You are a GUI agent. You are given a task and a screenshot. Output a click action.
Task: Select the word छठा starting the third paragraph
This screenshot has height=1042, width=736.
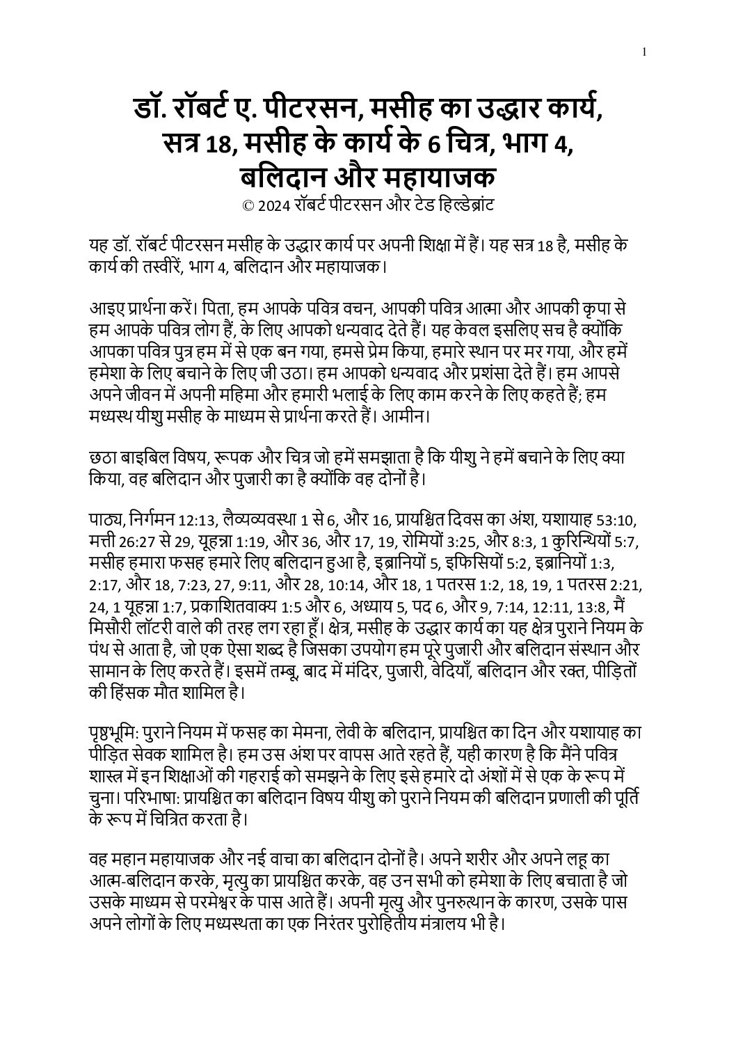pos(105,458)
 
